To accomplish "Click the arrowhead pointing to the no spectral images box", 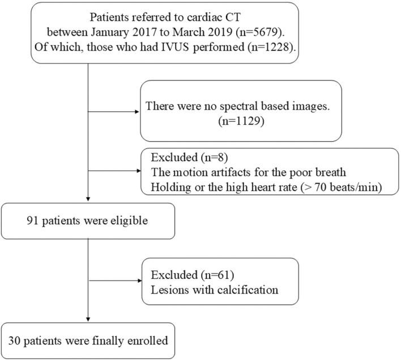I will click(136, 111).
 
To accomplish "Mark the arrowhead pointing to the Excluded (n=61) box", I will click(136, 279).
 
